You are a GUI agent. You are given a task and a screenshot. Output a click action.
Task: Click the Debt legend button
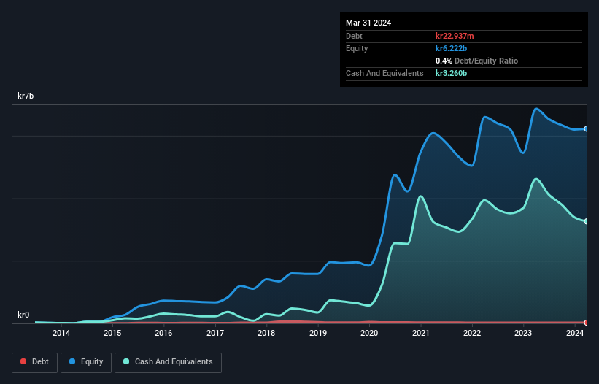point(34,361)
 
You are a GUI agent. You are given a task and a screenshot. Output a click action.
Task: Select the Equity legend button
point(85,361)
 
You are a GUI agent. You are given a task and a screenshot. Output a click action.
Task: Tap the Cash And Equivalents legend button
point(168,361)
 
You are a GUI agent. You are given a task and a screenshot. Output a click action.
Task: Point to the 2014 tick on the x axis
point(61,334)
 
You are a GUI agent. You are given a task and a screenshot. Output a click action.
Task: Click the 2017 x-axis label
point(215,334)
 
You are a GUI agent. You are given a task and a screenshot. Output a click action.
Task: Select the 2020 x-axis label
point(369,334)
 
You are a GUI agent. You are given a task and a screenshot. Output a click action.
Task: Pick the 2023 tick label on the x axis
point(523,334)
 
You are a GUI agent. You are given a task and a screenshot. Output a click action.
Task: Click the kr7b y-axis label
point(27,96)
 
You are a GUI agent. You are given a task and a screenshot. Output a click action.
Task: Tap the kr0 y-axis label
point(24,315)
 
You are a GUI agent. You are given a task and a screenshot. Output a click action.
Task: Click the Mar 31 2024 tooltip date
point(368,23)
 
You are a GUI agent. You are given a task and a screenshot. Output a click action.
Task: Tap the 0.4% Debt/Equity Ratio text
point(476,61)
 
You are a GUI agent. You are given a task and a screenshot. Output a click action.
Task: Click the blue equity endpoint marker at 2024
point(587,128)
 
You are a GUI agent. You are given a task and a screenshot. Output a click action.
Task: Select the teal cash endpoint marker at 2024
point(587,221)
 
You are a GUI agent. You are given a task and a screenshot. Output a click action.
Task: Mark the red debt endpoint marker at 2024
point(587,322)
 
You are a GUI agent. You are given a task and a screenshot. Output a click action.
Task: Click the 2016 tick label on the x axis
point(163,334)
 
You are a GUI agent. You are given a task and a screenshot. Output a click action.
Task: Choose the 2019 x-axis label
point(318,334)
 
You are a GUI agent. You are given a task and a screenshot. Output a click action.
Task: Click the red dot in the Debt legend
point(23,361)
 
